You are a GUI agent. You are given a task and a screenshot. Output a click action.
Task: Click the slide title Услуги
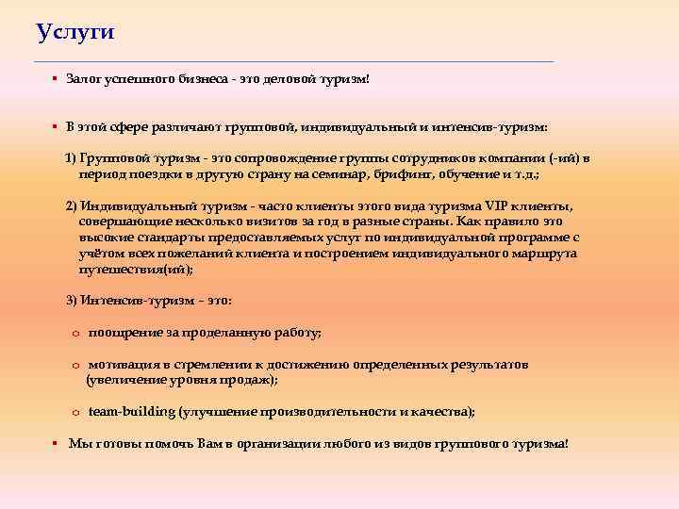click(75, 32)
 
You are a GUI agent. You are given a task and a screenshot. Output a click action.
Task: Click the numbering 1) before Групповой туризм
click(71, 159)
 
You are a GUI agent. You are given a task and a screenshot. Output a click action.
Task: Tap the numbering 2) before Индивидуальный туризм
click(71, 206)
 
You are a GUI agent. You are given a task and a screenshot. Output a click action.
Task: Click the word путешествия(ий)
click(135, 269)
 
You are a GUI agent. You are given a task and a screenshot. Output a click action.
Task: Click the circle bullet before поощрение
click(75, 333)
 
